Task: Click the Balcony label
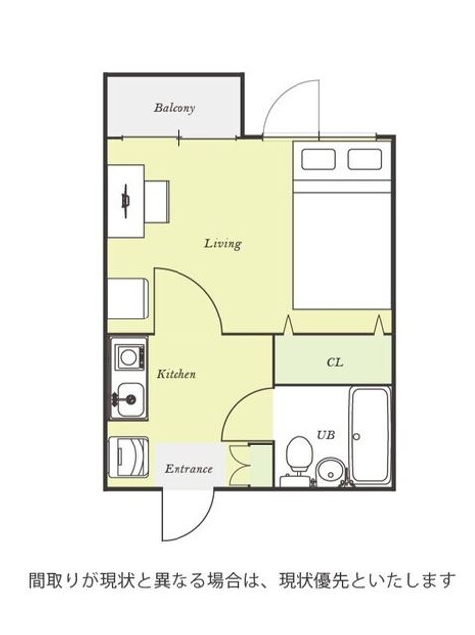175,108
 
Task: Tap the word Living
223,244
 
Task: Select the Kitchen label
177,374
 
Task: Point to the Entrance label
188,469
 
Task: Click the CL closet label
335,362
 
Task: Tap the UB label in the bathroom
325,435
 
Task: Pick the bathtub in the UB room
370,435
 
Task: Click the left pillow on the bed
318,159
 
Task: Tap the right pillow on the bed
365,159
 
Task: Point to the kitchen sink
130,400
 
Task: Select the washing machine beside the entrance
129,455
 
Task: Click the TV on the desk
126,200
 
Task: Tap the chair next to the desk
156,201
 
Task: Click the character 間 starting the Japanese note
37,581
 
